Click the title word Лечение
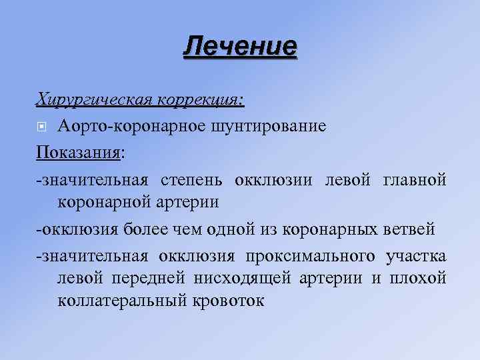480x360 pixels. click(x=240, y=47)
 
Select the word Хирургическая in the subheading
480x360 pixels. click(x=95, y=99)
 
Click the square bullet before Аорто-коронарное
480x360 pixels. click(x=41, y=127)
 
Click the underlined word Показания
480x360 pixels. click(x=79, y=153)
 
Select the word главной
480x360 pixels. click(x=415, y=181)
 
